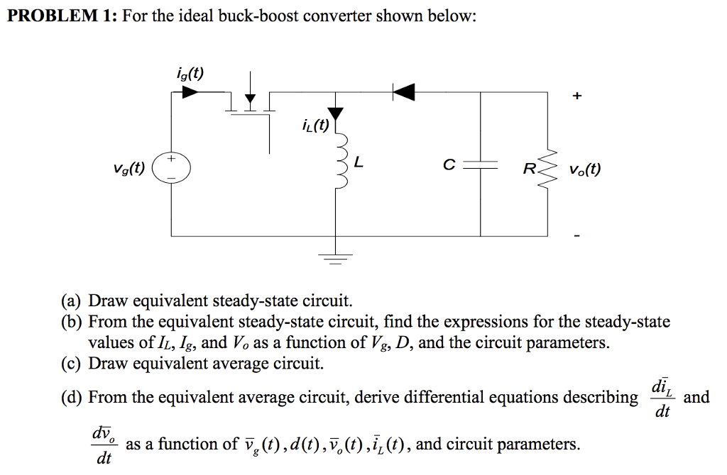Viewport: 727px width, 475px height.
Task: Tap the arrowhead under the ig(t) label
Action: pos(190,91)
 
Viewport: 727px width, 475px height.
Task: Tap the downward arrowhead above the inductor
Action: pos(335,114)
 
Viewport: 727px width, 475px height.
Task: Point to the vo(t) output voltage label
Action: pos(584,170)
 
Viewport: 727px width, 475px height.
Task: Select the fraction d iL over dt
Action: pos(661,398)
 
